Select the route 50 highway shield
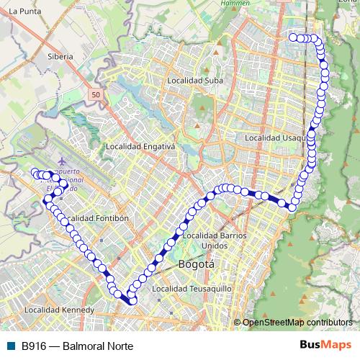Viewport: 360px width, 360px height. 96,94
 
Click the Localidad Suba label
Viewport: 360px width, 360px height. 195,81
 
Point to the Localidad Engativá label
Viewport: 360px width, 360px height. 140,146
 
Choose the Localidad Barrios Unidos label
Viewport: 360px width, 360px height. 215,240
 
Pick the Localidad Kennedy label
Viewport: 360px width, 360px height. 58,310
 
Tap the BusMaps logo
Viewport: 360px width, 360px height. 325,344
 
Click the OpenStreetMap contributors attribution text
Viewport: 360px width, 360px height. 297,323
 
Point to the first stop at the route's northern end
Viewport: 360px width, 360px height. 293,37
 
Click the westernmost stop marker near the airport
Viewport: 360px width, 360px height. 33,172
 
